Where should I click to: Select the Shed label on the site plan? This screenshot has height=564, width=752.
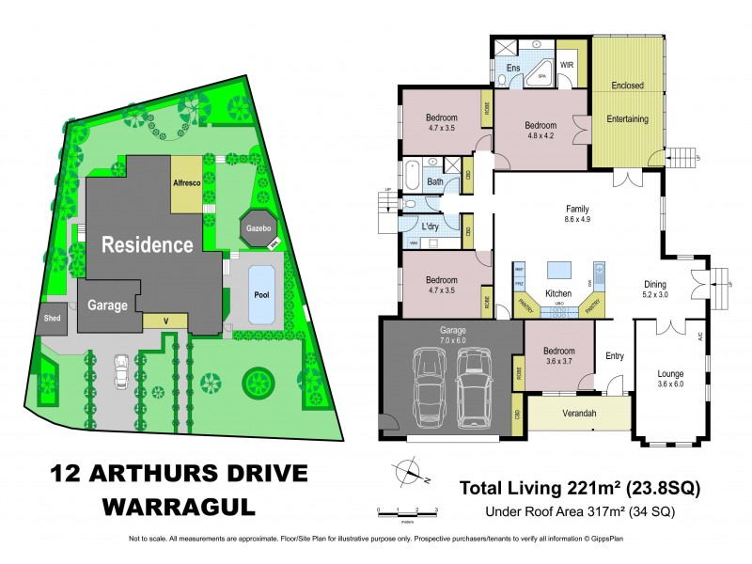[x=52, y=318]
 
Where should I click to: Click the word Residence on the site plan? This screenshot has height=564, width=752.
[x=148, y=245]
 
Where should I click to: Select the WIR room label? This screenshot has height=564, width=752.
[x=568, y=65]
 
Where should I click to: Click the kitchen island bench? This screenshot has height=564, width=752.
[x=560, y=270]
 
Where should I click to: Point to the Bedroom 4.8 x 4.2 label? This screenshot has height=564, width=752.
[x=540, y=131]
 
